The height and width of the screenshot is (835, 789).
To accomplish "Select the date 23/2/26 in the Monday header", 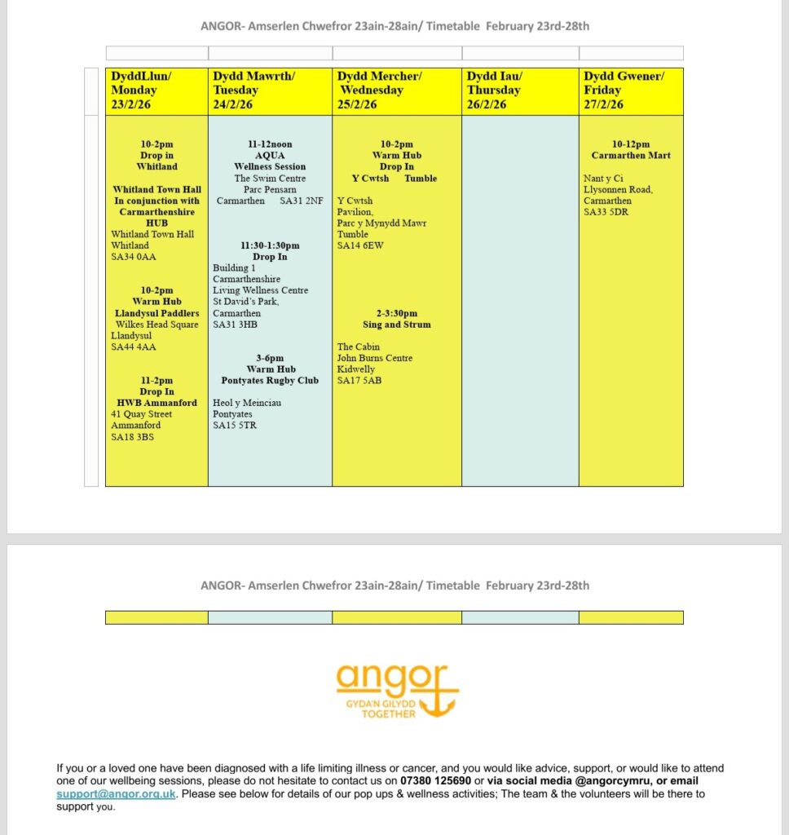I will (x=130, y=104).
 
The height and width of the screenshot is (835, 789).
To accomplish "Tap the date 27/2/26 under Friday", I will (x=603, y=104).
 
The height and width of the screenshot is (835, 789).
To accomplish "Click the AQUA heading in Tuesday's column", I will (x=270, y=156).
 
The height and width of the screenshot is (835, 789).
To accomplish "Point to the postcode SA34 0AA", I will (x=133, y=257).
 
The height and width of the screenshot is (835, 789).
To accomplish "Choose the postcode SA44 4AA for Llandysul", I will (x=133, y=347).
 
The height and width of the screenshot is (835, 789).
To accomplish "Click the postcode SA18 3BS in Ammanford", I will (x=132, y=436).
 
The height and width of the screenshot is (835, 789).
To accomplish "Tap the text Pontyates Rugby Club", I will (x=270, y=380).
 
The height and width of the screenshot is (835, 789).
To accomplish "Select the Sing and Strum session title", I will (x=396, y=325).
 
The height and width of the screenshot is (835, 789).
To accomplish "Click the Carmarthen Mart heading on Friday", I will (x=631, y=156).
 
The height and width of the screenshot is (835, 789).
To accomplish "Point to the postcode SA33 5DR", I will (x=606, y=212).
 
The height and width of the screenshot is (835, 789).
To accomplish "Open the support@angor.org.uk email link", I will (x=116, y=793).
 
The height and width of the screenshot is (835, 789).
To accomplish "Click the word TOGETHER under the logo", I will (x=389, y=714).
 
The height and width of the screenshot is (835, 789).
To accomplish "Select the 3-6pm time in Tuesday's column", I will (x=270, y=358).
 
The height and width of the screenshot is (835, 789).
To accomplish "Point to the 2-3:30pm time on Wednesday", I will (x=396, y=313).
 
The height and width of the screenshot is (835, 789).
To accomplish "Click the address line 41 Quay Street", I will (x=141, y=414).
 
